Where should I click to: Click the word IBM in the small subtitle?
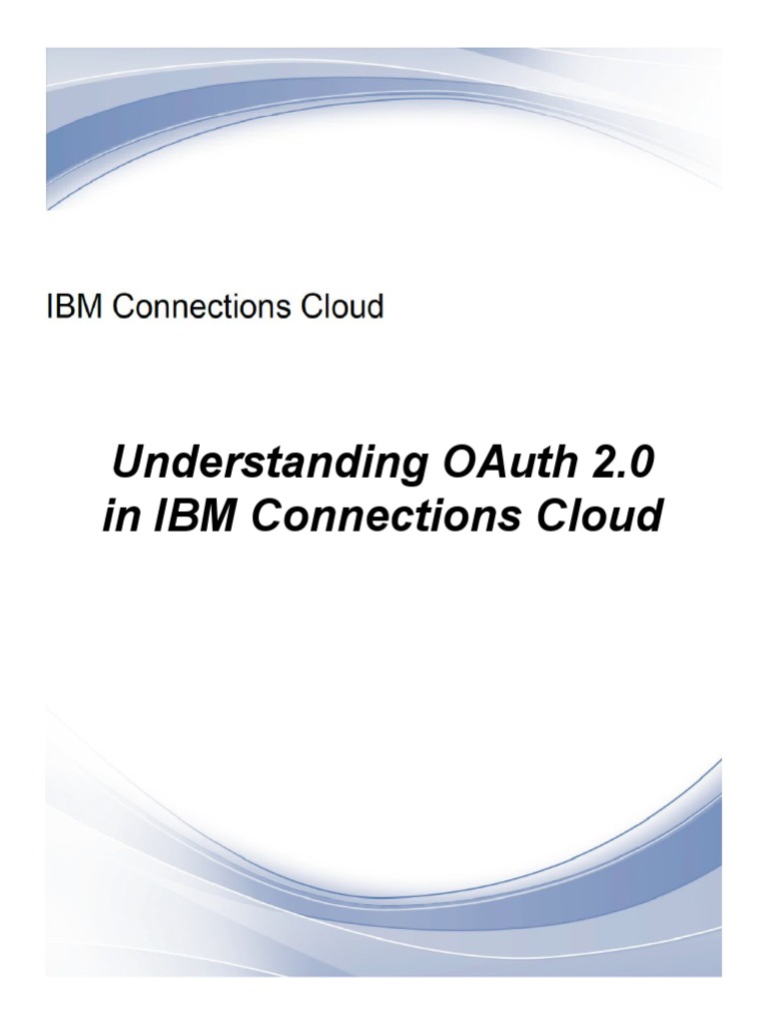[x=76, y=307]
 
